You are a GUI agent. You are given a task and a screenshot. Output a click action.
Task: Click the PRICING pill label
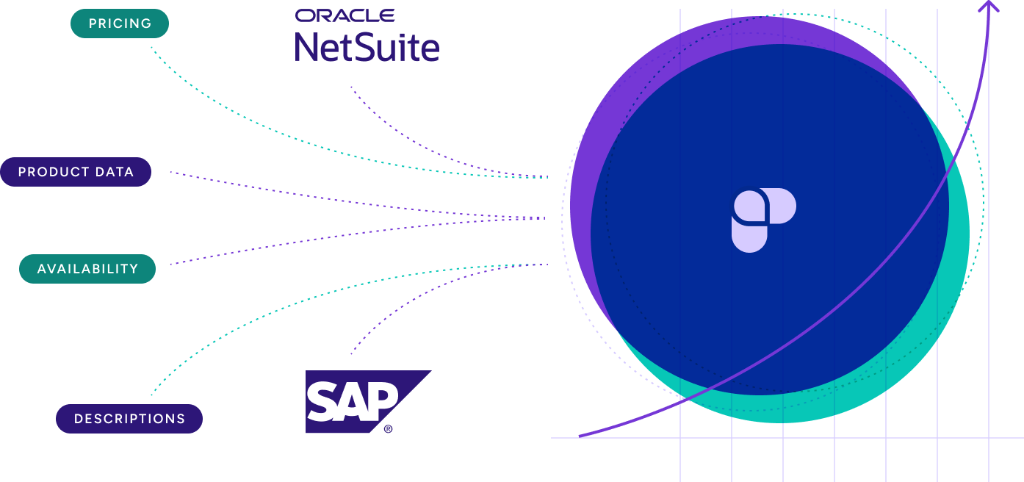coord(120,24)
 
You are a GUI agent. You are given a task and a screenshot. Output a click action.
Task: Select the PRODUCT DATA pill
coord(76,172)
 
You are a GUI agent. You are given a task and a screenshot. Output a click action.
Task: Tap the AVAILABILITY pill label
coord(87,269)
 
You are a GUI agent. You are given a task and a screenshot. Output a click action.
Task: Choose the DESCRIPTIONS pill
coord(129,419)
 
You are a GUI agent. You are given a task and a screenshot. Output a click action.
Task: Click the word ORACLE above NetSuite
coord(345,15)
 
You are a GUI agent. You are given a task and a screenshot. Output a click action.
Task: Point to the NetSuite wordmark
coord(367,47)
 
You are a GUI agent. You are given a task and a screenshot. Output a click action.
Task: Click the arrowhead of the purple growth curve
coord(989,7)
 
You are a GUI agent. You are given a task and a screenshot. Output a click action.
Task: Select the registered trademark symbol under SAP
coord(388,429)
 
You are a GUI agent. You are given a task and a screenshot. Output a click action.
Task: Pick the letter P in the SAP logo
coord(383,401)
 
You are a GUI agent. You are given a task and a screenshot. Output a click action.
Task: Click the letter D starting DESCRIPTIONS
coord(78,419)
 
